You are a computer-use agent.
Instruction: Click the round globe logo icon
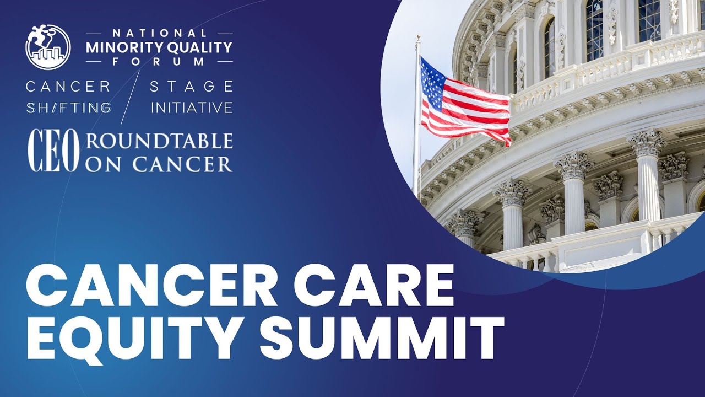(x=48, y=46)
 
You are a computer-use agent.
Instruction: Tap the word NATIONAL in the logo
(x=159, y=34)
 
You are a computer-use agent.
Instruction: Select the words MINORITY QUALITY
(x=159, y=47)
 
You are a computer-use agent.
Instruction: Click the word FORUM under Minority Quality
(x=159, y=61)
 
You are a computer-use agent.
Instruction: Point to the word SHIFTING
(x=69, y=108)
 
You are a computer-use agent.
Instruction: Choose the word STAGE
(x=192, y=86)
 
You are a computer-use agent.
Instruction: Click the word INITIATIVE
(x=192, y=108)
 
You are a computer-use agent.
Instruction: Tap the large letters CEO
(x=54, y=151)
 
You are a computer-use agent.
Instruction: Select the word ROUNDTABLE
(x=159, y=141)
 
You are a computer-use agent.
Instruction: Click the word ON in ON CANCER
(x=101, y=163)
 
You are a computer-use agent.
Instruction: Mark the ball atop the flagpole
(x=418, y=38)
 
